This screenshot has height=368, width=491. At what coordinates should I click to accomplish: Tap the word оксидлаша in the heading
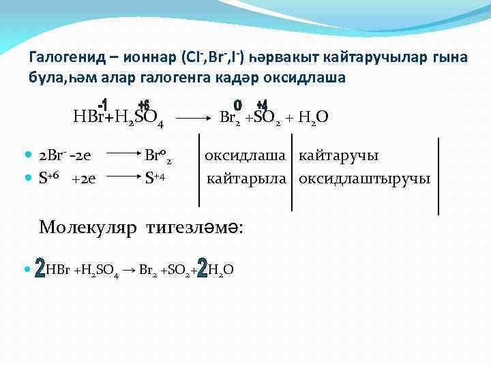coord(310,78)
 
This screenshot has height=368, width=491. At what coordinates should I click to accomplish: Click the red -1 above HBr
coord(103,106)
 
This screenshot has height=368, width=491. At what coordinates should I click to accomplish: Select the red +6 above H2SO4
coord(143,106)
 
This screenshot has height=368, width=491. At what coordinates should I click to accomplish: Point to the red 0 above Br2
coord(237,106)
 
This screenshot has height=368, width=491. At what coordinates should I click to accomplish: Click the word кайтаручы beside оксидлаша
coord(339,156)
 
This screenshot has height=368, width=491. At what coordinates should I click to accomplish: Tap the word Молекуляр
coord(88,226)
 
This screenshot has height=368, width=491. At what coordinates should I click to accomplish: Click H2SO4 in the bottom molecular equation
coord(100,271)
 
